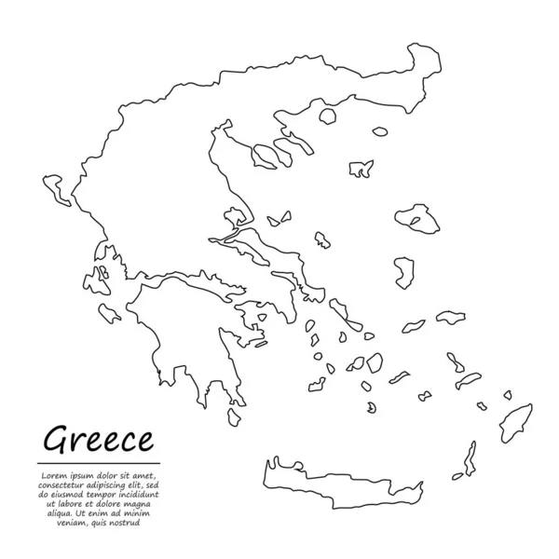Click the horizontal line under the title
coord(100,463)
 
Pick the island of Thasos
coord(328,118)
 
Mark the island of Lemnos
coord(361,170)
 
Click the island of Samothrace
coord(379,131)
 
